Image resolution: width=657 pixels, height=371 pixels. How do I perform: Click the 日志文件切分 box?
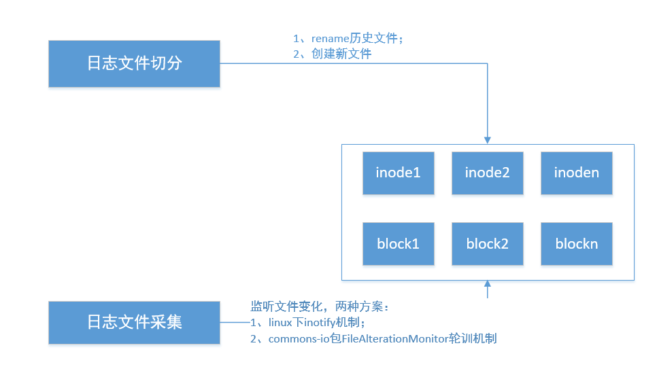pyautogui.click(x=134, y=64)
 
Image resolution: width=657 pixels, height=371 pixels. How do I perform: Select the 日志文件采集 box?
pyautogui.click(x=134, y=323)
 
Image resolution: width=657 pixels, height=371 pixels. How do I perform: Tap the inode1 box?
pyautogui.click(x=398, y=173)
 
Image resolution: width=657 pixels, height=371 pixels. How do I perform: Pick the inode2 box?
pyautogui.click(x=487, y=173)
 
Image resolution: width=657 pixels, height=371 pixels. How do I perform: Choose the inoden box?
pyautogui.click(x=577, y=173)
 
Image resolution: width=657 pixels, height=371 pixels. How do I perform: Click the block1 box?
pyautogui.click(x=398, y=244)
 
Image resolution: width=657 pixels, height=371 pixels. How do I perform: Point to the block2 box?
pyautogui.click(x=487, y=244)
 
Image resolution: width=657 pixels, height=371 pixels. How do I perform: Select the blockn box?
pyautogui.click(x=577, y=244)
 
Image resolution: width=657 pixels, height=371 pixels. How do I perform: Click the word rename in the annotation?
pyautogui.click(x=330, y=39)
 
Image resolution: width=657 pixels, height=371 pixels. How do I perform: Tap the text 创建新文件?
pyautogui.click(x=341, y=54)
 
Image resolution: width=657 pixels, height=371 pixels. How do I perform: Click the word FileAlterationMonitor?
pyautogui.click(x=395, y=338)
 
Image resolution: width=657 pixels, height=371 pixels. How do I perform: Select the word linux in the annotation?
pyautogui.click(x=280, y=323)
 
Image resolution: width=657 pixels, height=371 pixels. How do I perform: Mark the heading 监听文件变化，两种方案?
pyautogui.click(x=317, y=306)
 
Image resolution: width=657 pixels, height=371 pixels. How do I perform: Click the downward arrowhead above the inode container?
pyautogui.click(x=487, y=140)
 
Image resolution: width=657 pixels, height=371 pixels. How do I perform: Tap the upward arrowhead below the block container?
pyautogui.click(x=487, y=284)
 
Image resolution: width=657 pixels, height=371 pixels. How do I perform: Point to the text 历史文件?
pyautogui.click(x=373, y=39)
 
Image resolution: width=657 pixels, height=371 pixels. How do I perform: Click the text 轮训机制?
pyautogui.click(x=473, y=338)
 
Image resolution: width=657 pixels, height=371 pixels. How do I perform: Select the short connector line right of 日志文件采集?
pyautogui.click(x=235, y=323)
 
